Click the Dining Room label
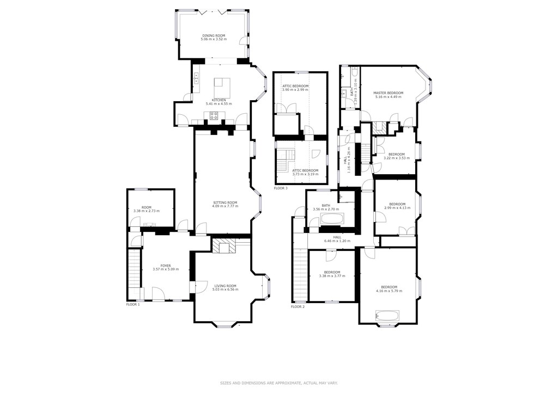[x=213, y=36]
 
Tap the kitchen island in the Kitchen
[x=222, y=87]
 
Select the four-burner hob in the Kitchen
[x=214, y=115]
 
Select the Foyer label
[x=166, y=266]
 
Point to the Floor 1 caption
[x=133, y=305]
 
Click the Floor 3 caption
[x=281, y=188]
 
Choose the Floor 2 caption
[x=298, y=307]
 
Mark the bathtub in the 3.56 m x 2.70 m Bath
[x=332, y=219]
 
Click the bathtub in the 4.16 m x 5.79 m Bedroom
[x=387, y=315]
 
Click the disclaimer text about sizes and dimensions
[x=279, y=383]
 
